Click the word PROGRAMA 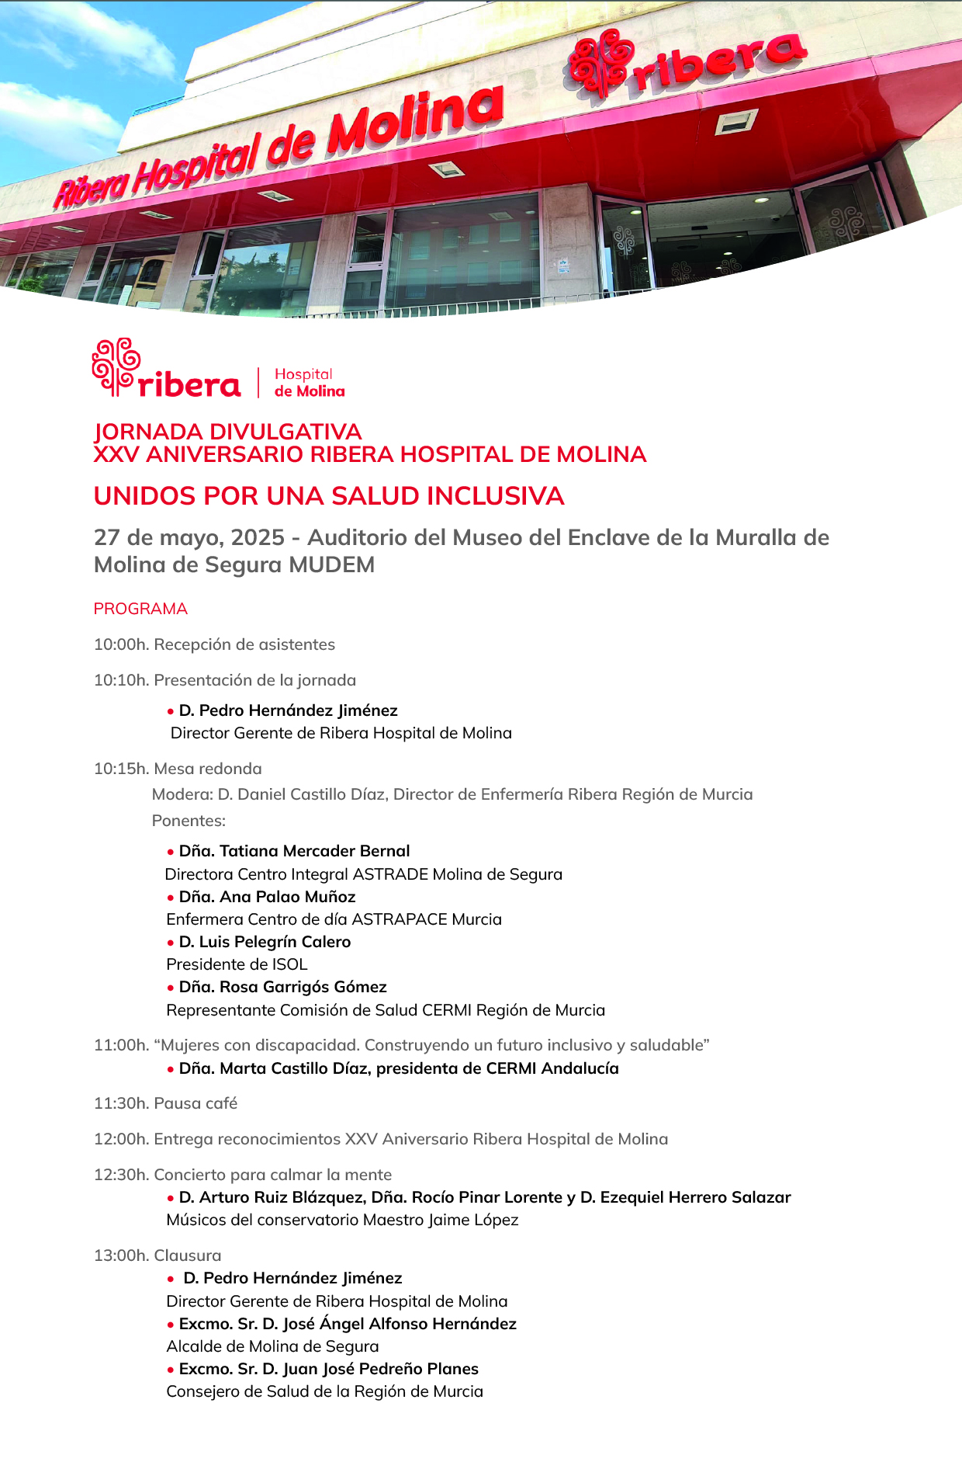point(140,609)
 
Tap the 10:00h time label point(121,644)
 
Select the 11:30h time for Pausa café point(121,1103)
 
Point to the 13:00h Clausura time point(121,1255)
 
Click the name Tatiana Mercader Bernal point(314,851)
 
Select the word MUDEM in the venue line point(331,564)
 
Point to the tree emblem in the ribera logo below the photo point(115,366)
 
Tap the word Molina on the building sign point(416,120)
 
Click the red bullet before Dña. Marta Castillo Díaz point(171,1069)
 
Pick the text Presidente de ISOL point(237,964)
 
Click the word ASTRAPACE point(400,919)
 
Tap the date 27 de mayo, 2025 point(189,537)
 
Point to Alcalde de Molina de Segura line point(272,1346)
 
